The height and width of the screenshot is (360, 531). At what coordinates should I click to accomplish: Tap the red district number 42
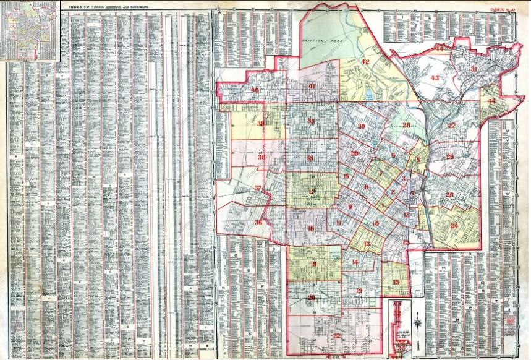pos(365,62)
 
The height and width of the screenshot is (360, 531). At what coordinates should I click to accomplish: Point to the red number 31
pos(474,69)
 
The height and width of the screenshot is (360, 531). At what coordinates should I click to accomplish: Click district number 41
pos(312,86)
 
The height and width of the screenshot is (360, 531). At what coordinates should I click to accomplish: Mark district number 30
pos(361,126)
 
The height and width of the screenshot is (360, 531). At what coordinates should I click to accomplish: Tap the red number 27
pos(451,126)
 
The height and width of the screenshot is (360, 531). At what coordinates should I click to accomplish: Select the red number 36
pos(258,222)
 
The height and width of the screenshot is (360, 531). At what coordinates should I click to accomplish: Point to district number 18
pos(311,229)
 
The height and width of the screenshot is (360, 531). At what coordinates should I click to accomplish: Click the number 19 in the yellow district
pos(313,265)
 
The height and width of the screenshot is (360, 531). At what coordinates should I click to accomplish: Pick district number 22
pos(336,336)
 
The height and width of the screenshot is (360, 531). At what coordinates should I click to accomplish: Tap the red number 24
pos(454,226)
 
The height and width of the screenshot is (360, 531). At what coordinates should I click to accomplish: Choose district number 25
pos(450,195)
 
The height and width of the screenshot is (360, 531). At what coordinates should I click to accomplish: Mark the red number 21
pos(359,290)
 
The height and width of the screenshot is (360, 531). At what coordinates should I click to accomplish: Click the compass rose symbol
pos(418,322)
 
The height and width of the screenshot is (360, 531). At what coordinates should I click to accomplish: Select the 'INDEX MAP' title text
pos(503,10)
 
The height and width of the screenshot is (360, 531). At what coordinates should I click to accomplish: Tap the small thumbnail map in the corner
pos(30,31)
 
